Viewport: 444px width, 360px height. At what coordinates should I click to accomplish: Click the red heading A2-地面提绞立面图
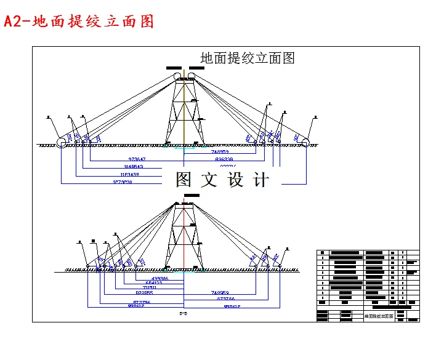78,22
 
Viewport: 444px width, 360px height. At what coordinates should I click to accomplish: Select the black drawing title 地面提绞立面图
248,58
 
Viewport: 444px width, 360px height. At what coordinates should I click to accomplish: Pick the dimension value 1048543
133,167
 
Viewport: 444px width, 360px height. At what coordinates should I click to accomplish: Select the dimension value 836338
224,159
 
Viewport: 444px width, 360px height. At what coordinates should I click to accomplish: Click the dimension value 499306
155,279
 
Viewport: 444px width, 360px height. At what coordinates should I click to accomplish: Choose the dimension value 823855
144,293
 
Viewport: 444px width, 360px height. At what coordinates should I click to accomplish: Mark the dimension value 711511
149,287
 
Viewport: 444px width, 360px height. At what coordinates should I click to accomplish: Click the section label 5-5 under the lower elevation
183,313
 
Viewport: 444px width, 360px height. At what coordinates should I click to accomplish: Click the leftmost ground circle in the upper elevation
62,143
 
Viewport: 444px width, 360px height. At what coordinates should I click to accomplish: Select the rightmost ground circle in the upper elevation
305,143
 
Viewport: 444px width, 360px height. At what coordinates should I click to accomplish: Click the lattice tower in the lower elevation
184,237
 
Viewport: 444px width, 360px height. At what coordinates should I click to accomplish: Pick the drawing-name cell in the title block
379,316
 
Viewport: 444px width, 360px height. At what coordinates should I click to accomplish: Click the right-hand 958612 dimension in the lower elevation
232,306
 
